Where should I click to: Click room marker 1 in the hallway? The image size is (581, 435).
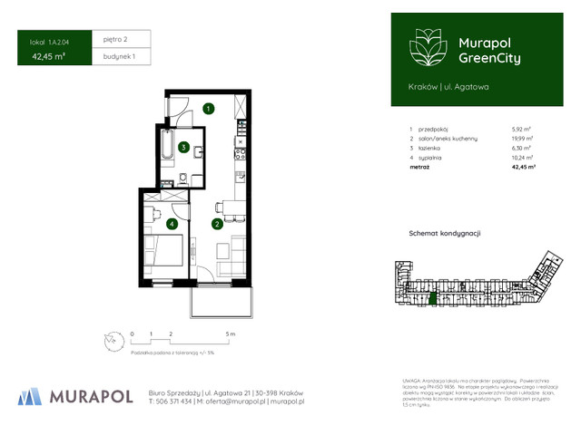[x=208, y=110]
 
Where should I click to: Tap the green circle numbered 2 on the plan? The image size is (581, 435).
[x=217, y=223]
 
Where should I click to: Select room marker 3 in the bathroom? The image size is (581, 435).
[x=184, y=147]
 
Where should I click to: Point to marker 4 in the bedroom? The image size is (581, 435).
[x=172, y=223]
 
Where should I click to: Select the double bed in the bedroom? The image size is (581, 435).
[x=162, y=253]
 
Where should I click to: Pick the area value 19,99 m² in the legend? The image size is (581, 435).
[x=523, y=139]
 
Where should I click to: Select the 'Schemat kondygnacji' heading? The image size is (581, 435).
[x=444, y=233]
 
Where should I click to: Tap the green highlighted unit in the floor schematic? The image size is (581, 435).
[x=433, y=298]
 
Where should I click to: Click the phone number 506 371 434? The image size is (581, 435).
[x=174, y=401]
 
